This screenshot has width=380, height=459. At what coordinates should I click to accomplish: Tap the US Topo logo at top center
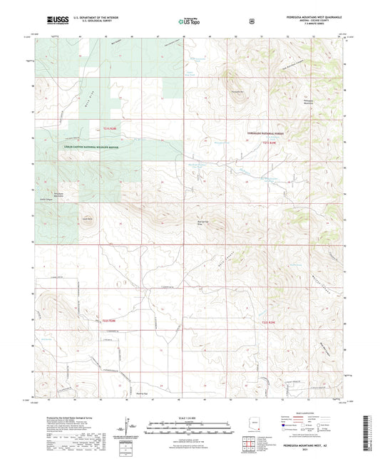point(189,21)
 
